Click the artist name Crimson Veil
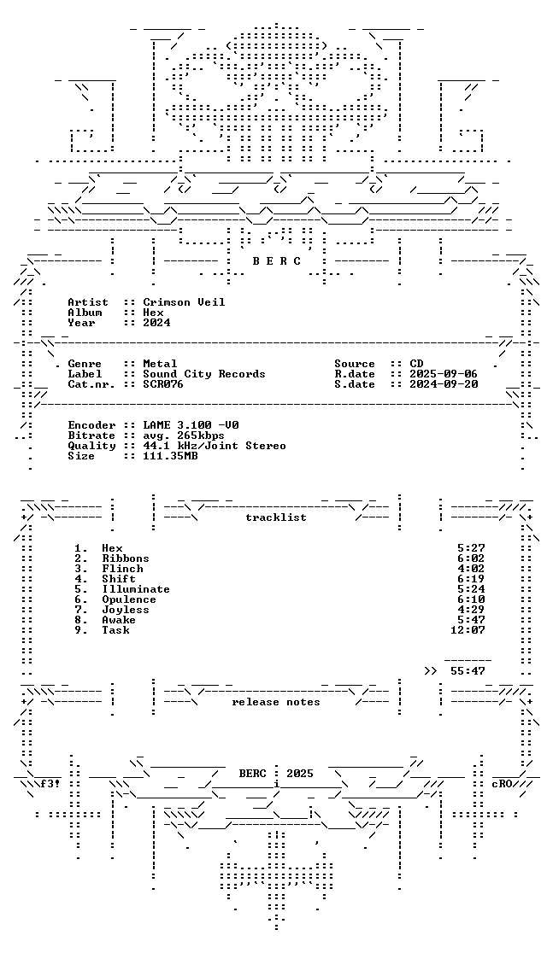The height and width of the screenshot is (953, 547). [x=184, y=302]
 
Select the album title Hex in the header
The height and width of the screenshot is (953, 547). [x=153, y=313]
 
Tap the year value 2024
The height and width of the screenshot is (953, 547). [x=156, y=323]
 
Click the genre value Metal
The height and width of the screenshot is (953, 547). [x=160, y=364]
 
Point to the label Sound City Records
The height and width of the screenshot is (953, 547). [x=203, y=374]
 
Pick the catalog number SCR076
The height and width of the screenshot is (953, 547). [x=163, y=384]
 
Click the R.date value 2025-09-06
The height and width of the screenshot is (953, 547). [x=444, y=374]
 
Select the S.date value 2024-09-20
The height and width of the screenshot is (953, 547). [x=444, y=384]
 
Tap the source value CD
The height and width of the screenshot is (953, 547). [x=416, y=364]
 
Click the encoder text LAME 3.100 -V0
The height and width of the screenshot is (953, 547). [x=191, y=425]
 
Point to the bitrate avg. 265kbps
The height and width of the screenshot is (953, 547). [x=184, y=436]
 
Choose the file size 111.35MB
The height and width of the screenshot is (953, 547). [x=170, y=456]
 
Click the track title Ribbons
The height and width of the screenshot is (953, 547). [x=126, y=558]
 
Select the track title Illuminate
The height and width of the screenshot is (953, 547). [x=136, y=589]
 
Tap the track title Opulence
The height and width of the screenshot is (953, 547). [x=129, y=599]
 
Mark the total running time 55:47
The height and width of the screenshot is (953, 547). [x=468, y=671]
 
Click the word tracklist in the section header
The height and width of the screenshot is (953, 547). [x=275, y=517]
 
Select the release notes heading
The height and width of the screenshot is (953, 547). [x=275, y=702]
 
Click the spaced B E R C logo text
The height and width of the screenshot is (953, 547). [x=276, y=261]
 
